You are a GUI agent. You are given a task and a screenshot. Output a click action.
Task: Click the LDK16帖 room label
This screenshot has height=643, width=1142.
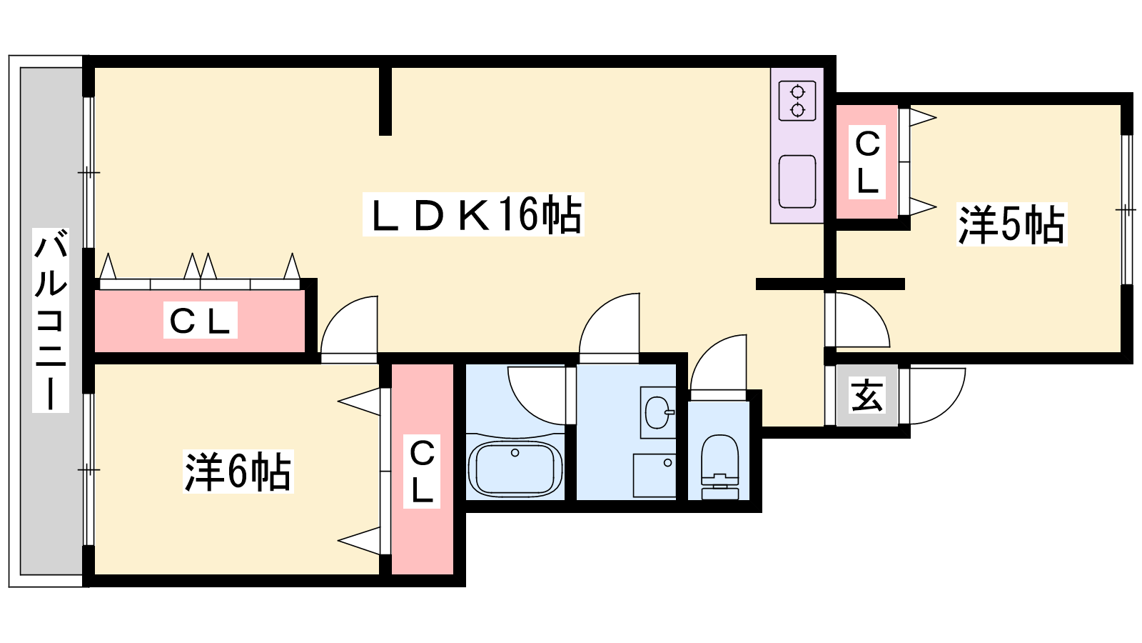click(473, 214)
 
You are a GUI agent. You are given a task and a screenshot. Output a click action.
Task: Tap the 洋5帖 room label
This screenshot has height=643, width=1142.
click(1012, 224)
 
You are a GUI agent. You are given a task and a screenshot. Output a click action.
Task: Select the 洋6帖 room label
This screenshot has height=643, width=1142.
click(238, 471)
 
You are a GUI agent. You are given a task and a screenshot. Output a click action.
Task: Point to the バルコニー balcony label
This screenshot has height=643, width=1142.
click(51, 320)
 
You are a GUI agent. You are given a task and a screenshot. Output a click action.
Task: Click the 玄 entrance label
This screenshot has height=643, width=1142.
click(866, 395)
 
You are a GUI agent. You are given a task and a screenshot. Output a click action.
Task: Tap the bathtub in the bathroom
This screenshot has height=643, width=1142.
click(515, 469)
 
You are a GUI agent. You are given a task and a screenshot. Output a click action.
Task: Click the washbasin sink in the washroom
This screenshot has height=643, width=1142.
click(658, 412)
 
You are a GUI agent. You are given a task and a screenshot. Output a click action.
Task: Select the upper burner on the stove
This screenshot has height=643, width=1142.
click(797, 92)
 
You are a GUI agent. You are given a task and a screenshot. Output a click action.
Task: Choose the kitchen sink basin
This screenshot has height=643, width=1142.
click(797, 181)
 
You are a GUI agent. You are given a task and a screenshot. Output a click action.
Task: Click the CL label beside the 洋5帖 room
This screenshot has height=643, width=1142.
click(867, 163)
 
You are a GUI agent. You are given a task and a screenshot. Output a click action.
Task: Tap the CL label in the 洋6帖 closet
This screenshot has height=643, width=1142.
click(422, 471)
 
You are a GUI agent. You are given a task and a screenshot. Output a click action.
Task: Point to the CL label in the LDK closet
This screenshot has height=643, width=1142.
click(201, 320)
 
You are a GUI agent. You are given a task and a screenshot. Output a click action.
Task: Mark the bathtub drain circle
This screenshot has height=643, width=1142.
click(515, 453)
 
